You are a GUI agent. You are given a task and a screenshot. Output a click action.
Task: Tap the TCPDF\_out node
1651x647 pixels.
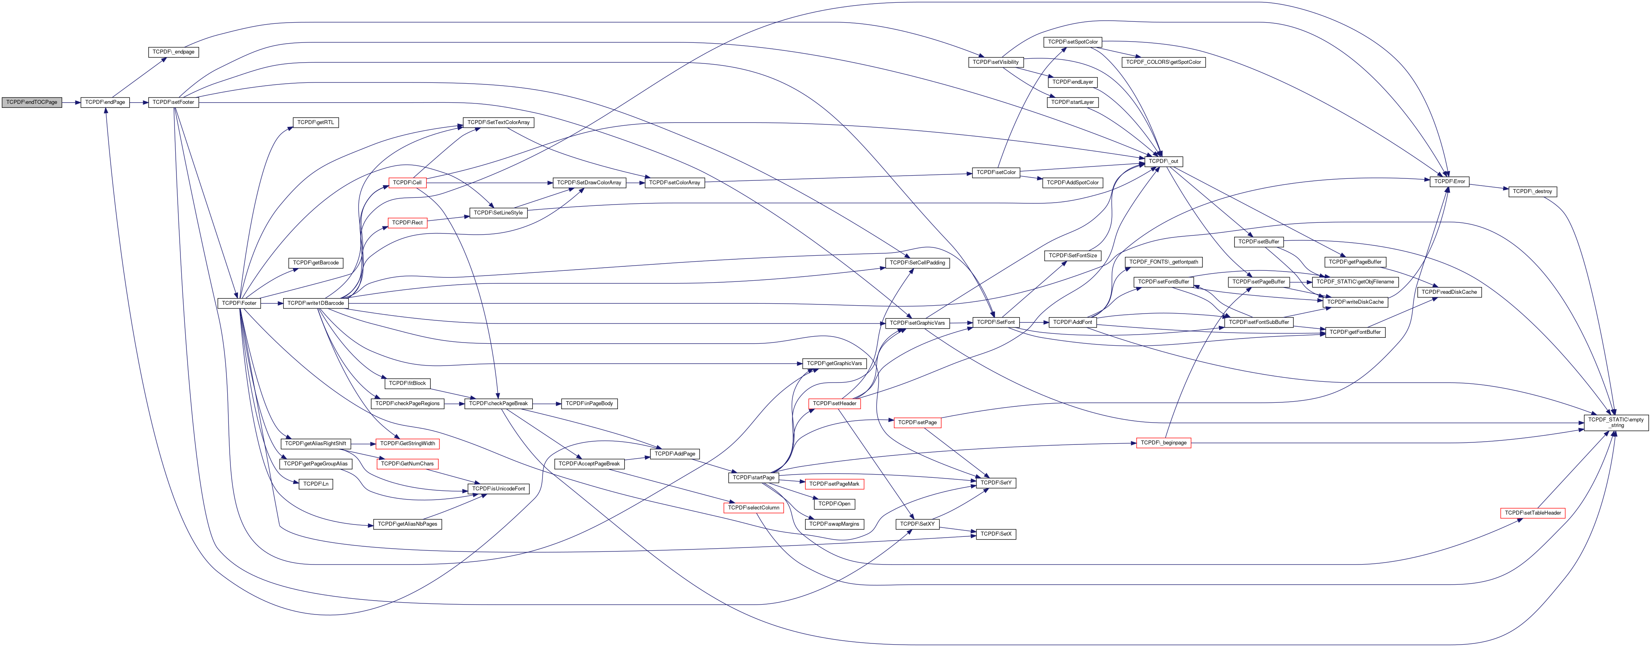1163,161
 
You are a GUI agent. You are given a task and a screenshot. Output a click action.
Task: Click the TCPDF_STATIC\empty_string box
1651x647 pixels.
1616,423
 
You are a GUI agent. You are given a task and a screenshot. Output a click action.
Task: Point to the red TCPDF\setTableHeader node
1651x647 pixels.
1532,513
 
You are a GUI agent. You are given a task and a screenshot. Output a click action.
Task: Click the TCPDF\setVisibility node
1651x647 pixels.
995,62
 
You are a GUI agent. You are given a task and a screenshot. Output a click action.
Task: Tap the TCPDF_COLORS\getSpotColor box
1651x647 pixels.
1163,62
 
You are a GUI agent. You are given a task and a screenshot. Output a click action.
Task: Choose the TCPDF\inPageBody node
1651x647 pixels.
589,404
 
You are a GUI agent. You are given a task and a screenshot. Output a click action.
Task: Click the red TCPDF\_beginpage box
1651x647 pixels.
1163,443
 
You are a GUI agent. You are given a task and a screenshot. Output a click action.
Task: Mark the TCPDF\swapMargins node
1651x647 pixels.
834,524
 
